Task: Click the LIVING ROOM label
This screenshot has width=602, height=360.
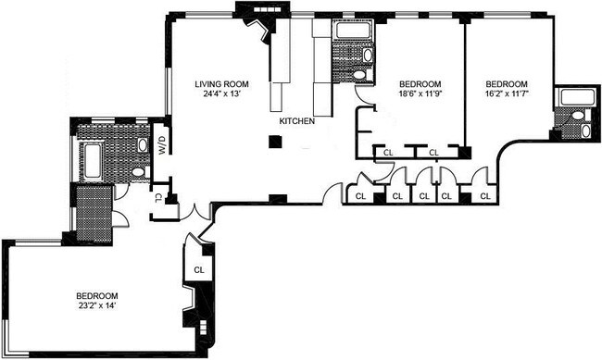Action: (221, 84)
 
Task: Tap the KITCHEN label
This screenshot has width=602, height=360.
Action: (296, 121)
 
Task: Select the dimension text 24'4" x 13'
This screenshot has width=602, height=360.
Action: (221, 94)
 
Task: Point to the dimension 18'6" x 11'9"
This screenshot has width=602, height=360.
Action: (420, 94)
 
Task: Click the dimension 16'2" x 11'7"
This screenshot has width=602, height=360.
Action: (507, 94)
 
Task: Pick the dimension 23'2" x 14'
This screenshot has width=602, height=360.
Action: (96, 306)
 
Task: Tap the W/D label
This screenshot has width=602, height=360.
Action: (162, 145)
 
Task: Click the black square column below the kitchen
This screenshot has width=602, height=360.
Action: (275, 142)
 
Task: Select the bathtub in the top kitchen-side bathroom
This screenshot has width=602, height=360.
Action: (353, 31)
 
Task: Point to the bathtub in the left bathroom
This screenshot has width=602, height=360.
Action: (92, 161)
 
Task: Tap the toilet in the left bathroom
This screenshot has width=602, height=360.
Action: (139, 171)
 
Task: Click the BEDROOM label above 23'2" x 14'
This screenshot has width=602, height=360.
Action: (96, 296)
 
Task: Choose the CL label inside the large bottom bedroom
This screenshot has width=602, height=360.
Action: (199, 270)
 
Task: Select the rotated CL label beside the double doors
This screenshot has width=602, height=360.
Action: (158, 198)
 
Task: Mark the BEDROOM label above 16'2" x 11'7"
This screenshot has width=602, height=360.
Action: (507, 84)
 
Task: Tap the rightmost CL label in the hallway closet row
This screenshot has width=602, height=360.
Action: (485, 196)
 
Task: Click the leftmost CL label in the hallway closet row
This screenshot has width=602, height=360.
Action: (360, 196)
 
